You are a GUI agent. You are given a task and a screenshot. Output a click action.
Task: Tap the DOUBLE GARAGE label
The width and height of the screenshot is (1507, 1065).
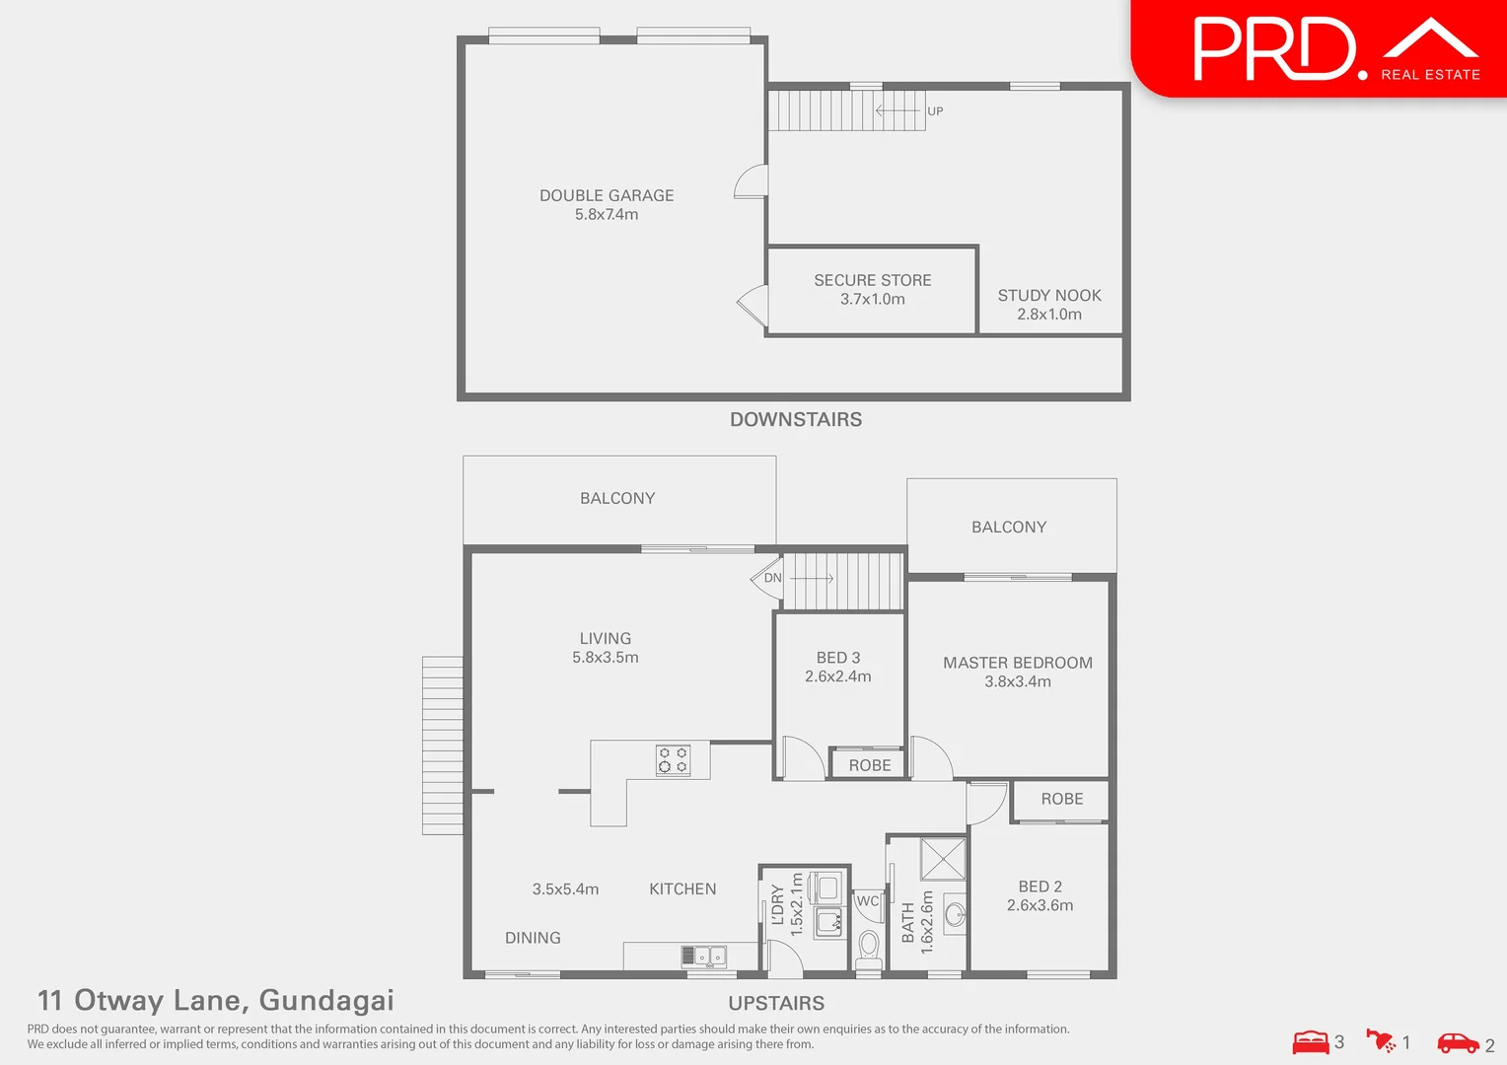607,196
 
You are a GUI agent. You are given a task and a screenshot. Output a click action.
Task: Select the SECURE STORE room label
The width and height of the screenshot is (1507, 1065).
872,281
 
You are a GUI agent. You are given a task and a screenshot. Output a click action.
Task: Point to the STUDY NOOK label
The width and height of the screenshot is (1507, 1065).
1048,296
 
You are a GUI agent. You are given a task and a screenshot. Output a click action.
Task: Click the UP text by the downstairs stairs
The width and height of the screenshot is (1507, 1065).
935,111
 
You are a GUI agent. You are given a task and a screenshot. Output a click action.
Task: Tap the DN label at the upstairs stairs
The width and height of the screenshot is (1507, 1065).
772,578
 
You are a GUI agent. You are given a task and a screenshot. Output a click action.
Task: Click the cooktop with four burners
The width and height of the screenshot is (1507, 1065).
674,760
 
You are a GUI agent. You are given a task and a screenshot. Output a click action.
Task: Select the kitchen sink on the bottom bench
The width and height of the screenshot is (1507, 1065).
703,956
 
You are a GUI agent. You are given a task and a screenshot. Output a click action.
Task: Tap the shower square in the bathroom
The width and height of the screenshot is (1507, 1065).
943,859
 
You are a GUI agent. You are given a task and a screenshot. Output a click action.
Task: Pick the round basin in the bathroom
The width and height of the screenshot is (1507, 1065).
955,914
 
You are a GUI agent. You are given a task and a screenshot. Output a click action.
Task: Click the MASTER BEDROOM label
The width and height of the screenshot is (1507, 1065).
1017,663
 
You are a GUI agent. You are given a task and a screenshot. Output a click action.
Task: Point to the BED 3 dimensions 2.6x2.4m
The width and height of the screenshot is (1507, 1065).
837,676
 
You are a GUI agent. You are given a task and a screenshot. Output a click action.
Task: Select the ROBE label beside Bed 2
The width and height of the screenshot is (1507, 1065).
1061,799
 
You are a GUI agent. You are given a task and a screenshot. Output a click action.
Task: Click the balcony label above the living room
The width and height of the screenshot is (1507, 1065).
617,498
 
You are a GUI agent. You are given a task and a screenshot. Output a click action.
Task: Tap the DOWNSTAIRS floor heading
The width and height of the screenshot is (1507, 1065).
795,419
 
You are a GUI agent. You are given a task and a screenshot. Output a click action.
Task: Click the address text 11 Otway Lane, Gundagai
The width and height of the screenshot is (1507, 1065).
215,1000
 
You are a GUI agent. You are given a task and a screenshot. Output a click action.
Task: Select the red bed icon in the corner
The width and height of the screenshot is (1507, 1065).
1311,1042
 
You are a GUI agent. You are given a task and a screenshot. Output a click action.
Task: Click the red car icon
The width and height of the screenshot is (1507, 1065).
1458,1042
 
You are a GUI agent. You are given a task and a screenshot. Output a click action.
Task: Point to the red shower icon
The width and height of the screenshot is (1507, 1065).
1381,1040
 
